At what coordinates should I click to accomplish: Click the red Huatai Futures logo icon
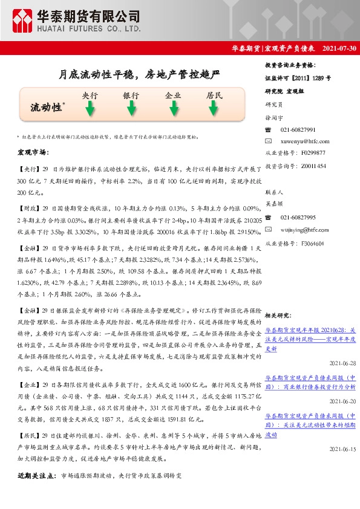tap(23, 21)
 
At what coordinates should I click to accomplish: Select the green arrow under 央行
tap(90, 109)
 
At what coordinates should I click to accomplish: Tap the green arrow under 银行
tap(131, 109)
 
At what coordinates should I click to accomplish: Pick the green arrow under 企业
tap(173, 109)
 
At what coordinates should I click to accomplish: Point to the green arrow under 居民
tap(214, 109)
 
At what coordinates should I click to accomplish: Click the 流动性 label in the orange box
tap(47, 108)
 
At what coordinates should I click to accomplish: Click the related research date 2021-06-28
tap(343, 363)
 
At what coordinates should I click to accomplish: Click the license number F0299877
tap(313, 153)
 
